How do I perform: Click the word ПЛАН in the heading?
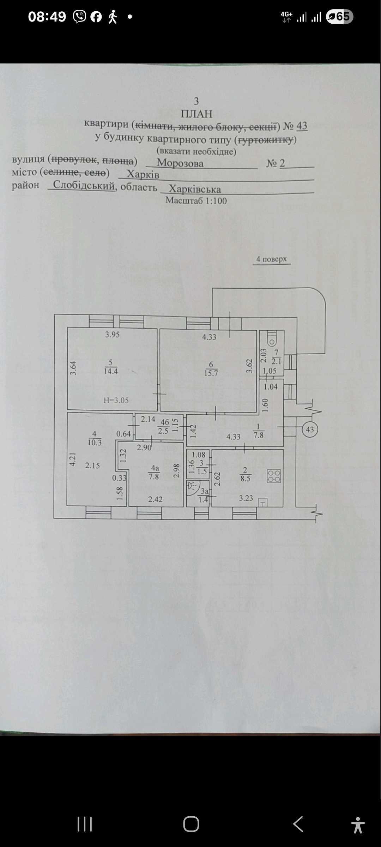coord(196,114)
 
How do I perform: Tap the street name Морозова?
coord(180,163)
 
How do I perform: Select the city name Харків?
coord(143,174)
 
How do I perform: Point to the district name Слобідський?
coord(84,185)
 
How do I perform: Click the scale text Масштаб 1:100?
coord(196,200)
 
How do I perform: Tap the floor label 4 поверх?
coord(271,259)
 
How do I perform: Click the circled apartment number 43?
coord(310,429)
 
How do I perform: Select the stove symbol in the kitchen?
coord(274,476)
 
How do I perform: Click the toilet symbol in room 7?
coord(272,338)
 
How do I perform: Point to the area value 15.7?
coord(211,373)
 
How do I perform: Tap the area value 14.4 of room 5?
coord(111,371)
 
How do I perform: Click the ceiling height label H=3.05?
coord(116,400)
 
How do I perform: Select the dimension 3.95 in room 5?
coord(112,335)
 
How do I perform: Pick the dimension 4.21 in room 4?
coord(72,459)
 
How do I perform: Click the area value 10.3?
coord(95,443)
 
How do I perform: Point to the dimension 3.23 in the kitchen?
coord(246,498)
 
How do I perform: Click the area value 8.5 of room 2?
coord(245,479)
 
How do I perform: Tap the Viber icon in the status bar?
coord(79,16)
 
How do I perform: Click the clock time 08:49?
coord(47,17)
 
